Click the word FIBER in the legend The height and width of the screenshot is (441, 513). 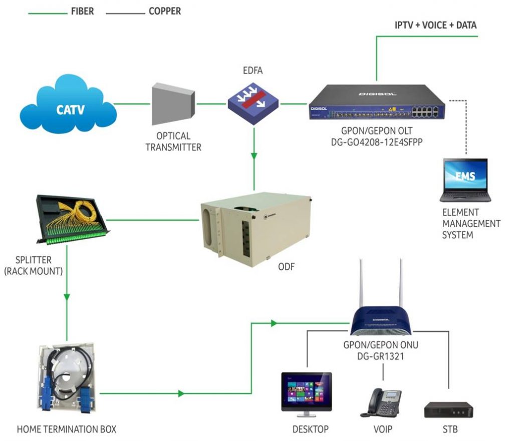tap(82, 11)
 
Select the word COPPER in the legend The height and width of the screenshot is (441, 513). tap(165, 11)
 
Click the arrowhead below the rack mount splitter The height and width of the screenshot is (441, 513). tap(67, 298)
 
